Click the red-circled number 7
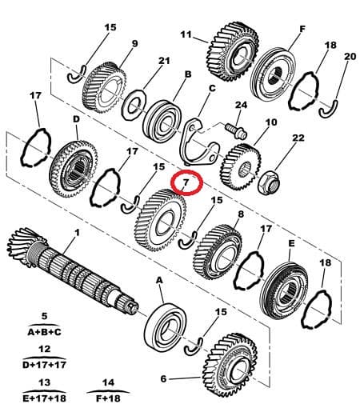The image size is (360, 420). [186, 182]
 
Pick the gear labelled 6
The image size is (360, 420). [230, 365]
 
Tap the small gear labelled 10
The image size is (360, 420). [240, 166]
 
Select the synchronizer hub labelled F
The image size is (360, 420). [274, 74]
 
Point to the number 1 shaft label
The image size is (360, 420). [77, 232]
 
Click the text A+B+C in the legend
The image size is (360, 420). [45, 332]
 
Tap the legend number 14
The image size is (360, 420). [108, 382]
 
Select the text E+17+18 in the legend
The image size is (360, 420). [44, 398]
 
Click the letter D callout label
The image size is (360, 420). [76, 119]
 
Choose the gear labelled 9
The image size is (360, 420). [104, 88]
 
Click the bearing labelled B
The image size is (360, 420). [162, 121]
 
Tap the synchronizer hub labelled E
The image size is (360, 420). [284, 290]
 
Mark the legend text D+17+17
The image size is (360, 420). [45, 365]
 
